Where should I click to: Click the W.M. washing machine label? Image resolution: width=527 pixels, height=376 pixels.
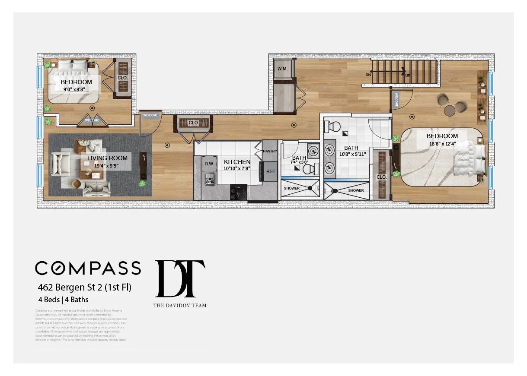pos(282,69)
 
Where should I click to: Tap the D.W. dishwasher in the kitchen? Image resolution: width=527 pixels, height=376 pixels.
pos(210,164)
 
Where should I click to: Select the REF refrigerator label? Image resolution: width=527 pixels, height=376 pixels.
pos(271,171)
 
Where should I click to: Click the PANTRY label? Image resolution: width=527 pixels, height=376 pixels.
pos(270,151)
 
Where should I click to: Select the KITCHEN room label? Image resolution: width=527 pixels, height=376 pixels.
pos(237,162)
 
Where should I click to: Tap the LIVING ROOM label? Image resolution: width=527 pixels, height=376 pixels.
pos(107,158)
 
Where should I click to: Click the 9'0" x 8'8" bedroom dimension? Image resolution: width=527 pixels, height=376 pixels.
pos(76,90)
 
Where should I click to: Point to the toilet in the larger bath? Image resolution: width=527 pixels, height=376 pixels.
pos(333,126)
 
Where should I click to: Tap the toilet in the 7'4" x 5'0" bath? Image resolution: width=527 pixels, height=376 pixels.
pos(309,169)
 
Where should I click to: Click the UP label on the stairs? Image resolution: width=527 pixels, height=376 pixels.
pos(407,76)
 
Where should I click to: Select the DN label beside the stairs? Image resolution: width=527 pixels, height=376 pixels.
pos(368,75)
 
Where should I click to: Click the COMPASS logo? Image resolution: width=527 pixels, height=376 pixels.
pos(88,268)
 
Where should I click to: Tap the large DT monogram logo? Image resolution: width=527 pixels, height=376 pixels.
pos(180,279)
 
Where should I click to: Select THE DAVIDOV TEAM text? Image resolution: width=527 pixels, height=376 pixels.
pos(179,305)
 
